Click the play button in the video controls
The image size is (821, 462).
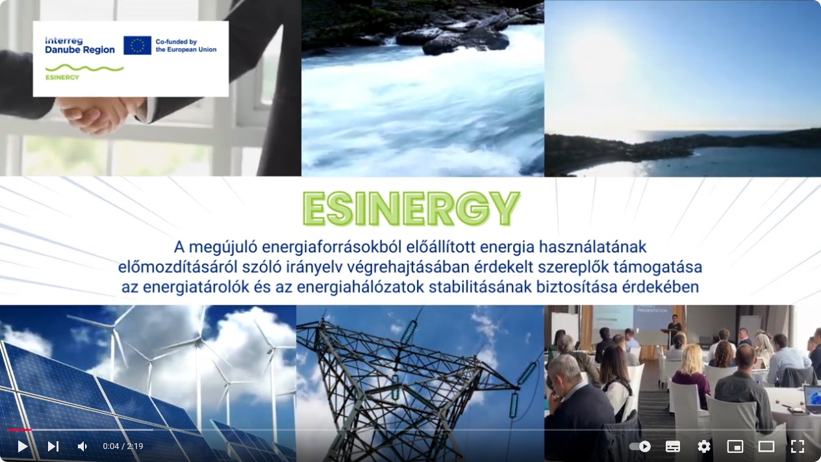pyautogui.click(x=23, y=446)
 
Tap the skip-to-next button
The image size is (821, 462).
pyautogui.click(x=53, y=446)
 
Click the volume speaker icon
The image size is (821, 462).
pyautogui.click(x=82, y=446)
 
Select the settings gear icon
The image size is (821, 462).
pyautogui.click(x=703, y=446)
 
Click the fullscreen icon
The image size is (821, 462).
pyautogui.click(x=798, y=446)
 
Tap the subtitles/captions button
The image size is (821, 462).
pyautogui.click(x=672, y=446)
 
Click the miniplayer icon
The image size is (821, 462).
pyautogui.click(x=735, y=446)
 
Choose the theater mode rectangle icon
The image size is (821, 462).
pyautogui.click(x=766, y=446)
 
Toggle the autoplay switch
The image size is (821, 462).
pyautogui.click(x=640, y=446)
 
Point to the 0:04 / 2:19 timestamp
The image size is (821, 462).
pyautogui.click(x=123, y=446)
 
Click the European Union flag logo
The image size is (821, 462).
pyautogui.click(x=137, y=45)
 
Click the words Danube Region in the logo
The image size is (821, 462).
pyautogui.click(x=80, y=50)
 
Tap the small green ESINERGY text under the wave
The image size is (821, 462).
pyautogui.click(x=62, y=77)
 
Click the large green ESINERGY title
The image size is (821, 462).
pyautogui.click(x=411, y=209)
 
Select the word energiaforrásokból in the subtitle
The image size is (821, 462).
pyautogui.click(x=369, y=247)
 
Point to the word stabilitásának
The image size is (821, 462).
pyautogui.click(x=480, y=287)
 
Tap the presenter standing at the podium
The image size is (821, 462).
pyautogui.click(x=674, y=328)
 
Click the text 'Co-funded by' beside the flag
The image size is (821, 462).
pyautogui.click(x=176, y=42)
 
